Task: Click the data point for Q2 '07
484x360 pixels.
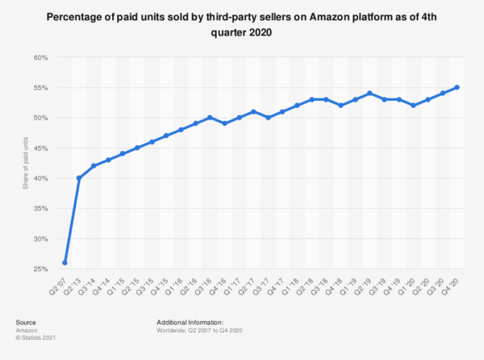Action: click(65, 263)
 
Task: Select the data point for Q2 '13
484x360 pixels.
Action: click(79, 178)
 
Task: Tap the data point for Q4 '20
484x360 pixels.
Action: click(457, 87)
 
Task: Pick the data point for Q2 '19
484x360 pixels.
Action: click(369, 94)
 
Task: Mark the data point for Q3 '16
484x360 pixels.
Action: click(210, 117)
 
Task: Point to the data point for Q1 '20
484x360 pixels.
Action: click(413, 105)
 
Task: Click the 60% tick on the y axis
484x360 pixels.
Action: click(41, 58)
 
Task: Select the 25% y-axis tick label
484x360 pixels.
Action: click(41, 269)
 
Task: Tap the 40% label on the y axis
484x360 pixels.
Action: click(41, 178)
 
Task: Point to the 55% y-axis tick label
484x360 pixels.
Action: click(41, 88)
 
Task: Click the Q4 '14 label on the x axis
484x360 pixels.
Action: click(102, 287)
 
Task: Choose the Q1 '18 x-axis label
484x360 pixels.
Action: click(290, 287)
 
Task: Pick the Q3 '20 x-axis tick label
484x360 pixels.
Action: click(436, 287)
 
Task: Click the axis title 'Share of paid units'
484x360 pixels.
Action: click(25, 163)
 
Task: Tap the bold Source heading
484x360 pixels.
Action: click(26, 322)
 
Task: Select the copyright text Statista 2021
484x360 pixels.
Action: click(35, 337)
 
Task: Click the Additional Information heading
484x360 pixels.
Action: click(190, 322)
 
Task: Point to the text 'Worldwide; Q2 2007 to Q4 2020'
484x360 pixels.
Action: click(199, 330)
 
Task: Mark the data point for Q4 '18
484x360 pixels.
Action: click(340, 105)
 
